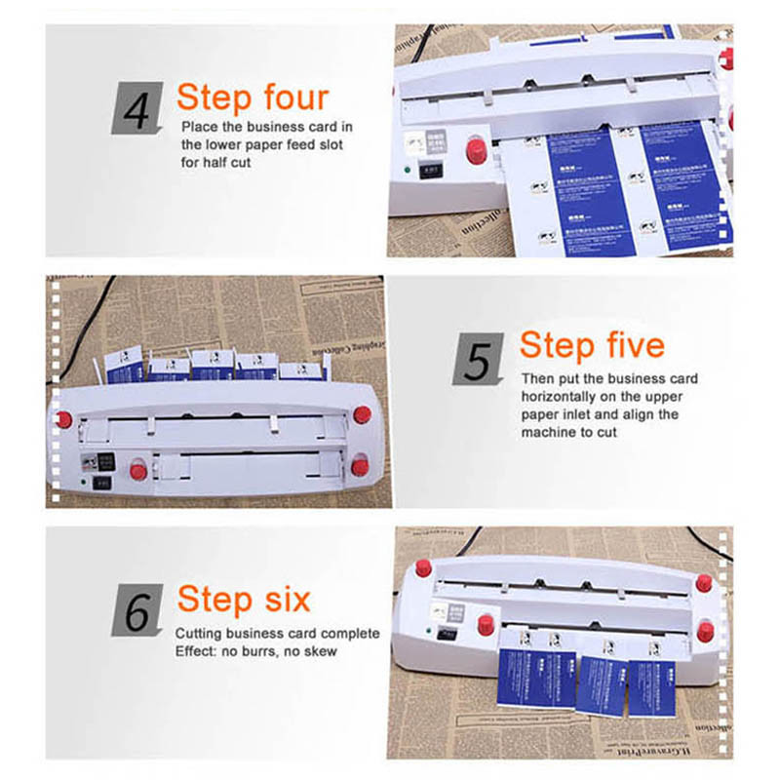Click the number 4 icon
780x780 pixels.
coord(137,108)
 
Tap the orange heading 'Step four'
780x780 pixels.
coord(253,97)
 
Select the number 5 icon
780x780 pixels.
coord(479,358)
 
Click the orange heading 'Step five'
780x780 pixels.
coord(592,345)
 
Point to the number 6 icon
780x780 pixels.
coord(137,609)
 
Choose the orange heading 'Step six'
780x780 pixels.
coord(244,599)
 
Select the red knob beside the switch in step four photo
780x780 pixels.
coord(476,150)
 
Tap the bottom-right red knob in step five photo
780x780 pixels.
coord(360,466)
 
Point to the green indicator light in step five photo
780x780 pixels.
coord(85,481)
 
